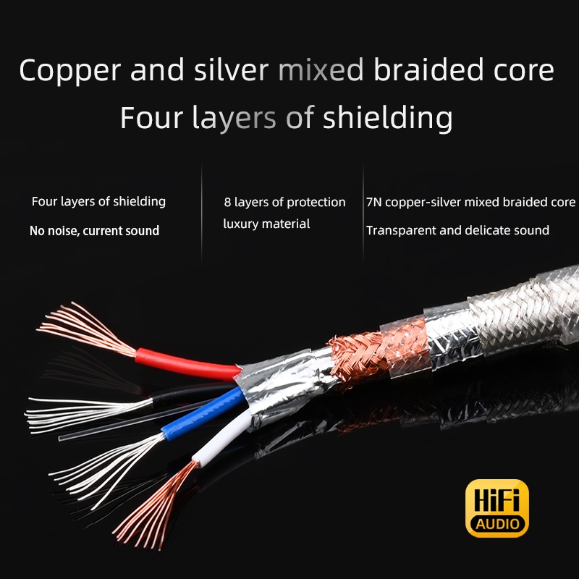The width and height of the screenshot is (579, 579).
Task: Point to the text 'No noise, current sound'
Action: (94, 231)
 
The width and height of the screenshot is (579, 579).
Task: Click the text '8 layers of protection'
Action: (284, 202)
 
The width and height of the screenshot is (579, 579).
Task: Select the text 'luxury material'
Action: (266, 224)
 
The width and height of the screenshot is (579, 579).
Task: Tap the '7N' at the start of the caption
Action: (373, 202)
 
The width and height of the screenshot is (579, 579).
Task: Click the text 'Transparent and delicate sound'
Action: (457, 231)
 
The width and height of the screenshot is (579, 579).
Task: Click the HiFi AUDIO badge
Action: (496, 507)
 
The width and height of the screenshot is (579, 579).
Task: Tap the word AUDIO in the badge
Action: (496, 523)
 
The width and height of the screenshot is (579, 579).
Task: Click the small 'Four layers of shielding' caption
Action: (98, 202)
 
